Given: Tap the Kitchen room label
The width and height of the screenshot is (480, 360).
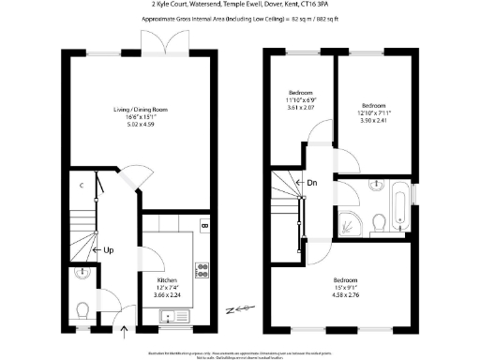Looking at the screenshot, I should point(166,281).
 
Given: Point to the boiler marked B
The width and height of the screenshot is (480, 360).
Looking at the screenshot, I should point(204,227).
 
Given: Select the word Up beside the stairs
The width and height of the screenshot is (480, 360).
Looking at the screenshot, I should point(109,250).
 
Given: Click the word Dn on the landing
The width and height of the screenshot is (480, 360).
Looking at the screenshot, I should point(310,184).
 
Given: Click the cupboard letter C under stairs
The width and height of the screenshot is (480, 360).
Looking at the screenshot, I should point(82,185).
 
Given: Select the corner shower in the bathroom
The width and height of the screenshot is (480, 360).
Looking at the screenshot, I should point(350,221).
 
